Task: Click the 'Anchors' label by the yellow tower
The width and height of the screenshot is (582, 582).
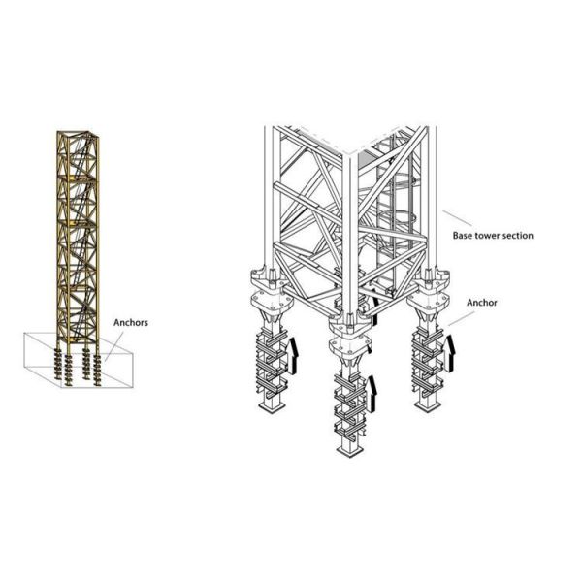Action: click(131, 323)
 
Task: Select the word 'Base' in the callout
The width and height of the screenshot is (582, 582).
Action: click(462, 236)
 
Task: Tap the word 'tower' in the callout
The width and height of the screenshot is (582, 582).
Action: click(486, 236)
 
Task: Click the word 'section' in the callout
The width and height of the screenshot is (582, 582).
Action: click(517, 236)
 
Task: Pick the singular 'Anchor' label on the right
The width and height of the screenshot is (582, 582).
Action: click(482, 303)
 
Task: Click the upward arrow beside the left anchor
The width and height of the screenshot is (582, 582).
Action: click(293, 354)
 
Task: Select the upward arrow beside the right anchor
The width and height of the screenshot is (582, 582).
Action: click(450, 353)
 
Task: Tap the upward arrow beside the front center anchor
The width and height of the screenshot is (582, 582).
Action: click(372, 393)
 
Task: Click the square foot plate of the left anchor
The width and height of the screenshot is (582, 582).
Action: click(274, 409)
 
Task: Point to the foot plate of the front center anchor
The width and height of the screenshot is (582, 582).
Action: click(349, 451)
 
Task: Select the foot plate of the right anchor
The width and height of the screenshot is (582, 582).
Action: click(429, 405)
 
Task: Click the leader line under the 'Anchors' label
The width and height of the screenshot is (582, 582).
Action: click(114, 345)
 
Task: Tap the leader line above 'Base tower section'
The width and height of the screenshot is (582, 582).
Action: click(457, 218)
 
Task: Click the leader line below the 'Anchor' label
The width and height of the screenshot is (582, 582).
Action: click(462, 318)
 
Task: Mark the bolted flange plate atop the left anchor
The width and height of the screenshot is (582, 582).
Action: click(272, 301)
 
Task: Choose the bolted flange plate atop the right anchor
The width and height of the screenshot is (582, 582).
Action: click(429, 300)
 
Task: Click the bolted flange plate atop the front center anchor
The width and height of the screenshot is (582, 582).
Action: click(350, 344)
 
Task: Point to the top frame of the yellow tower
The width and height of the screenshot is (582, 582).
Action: click(78, 134)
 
